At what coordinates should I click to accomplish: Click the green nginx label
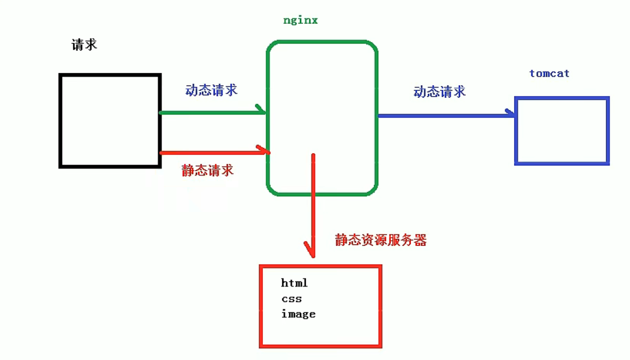[x=300, y=21]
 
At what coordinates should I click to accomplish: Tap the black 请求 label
[x=84, y=44]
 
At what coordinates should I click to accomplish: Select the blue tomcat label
[x=549, y=74]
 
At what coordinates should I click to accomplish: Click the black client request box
[x=110, y=121]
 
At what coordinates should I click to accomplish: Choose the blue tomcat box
[x=562, y=131]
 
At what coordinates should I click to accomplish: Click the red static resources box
[x=321, y=329]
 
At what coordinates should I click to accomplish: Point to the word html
[x=294, y=283]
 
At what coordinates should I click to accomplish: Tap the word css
[x=292, y=299]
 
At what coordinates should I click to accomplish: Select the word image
[x=298, y=314]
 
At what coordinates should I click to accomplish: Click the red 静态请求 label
[x=207, y=170]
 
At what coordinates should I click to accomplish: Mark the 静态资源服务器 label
[x=381, y=240]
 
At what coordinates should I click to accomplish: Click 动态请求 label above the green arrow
[x=211, y=90]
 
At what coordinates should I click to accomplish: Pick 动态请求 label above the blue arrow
[x=439, y=91]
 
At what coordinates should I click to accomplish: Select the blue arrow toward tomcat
[x=444, y=116]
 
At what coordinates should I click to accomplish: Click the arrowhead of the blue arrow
[x=511, y=113]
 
